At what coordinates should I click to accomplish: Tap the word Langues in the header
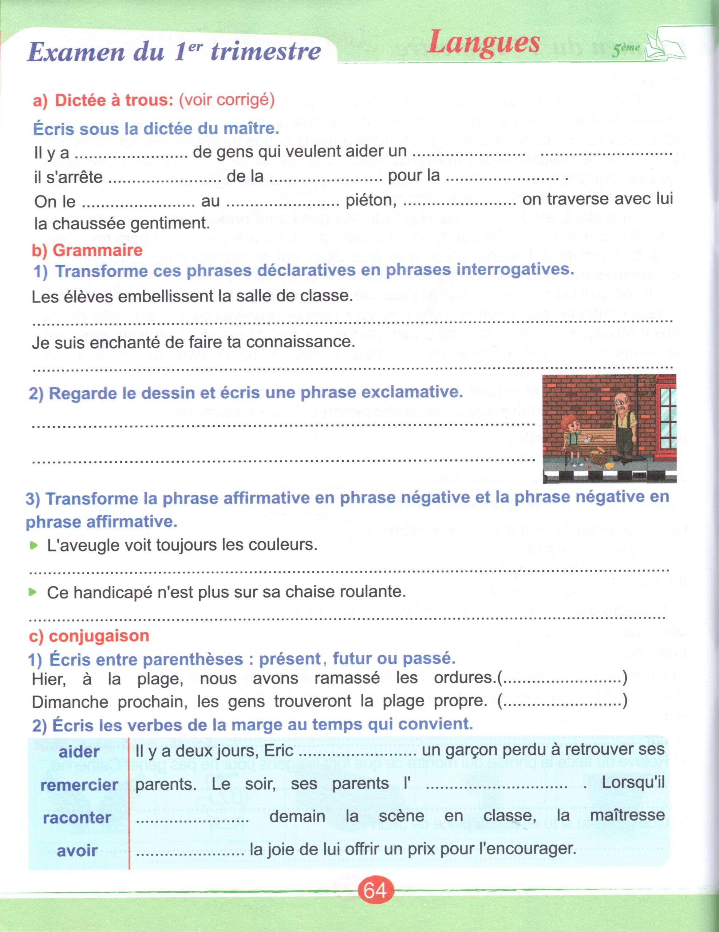click(484, 43)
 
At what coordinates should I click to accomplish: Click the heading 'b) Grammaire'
click(87, 250)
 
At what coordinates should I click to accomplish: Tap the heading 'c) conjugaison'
click(89, 636)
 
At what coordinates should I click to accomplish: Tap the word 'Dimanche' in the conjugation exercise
click(70, 702)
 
